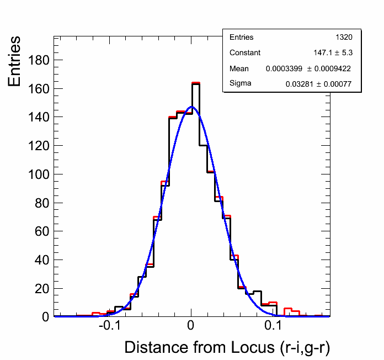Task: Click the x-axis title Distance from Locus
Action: (227, 348)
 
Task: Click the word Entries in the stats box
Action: (242, 38)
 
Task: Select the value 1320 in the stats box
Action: (344, 38)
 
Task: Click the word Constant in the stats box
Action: (245, 53)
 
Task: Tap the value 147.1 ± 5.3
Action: (333, 53)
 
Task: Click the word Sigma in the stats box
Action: (240, 83)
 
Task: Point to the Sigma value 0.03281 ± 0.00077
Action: (319, 84)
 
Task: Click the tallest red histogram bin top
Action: (195, 83)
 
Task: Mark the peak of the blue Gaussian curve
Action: (191, 107)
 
